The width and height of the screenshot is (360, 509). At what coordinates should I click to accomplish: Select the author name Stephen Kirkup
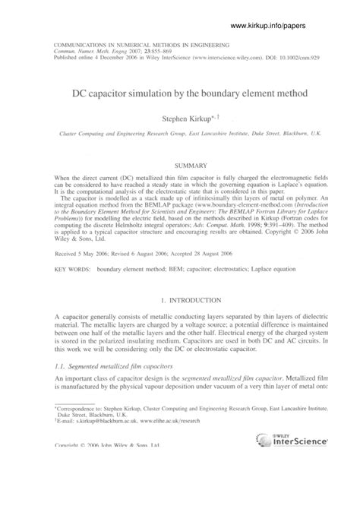185,119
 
